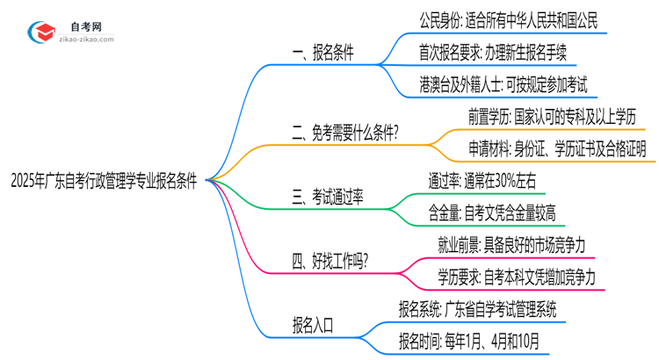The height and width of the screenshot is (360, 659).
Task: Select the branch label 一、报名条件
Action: (x=322, y=53)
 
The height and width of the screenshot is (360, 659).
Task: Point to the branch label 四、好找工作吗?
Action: (x=329, y=261)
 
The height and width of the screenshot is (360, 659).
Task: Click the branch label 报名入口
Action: (x=313, y=324)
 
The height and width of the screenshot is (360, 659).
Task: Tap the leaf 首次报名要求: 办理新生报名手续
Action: (x=497, y=53)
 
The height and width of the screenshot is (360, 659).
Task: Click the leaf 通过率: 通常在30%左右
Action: (x=493, y=180)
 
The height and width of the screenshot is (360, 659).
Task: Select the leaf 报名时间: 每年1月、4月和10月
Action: (x=469, y=341)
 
